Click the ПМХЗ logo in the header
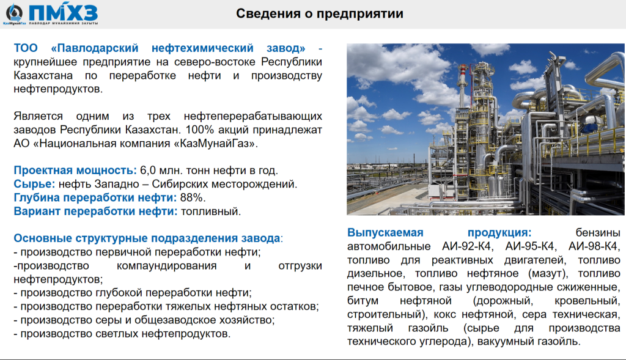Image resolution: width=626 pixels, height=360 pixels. pos(51,14)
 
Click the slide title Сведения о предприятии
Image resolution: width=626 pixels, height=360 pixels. pos(319,13)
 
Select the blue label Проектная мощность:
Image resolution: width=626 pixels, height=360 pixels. pos(75,171)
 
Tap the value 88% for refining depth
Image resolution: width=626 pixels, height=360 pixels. pos(193,197)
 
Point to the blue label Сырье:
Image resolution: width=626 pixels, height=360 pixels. pos(34,184)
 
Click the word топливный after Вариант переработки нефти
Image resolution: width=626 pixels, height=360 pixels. pos(211,211)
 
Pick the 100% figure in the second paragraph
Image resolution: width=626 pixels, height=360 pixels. pos(200,130)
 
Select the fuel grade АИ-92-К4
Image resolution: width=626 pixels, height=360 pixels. pos(468,246)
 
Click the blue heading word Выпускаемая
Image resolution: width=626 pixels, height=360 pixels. pos(385,233)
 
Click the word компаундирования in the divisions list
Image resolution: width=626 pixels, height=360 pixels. pos(166,266)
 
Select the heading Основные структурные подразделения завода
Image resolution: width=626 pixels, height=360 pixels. pos(147,238)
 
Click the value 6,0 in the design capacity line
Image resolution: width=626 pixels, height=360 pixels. pos(148,171)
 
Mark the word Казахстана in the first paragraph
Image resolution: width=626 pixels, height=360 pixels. pos(43,75)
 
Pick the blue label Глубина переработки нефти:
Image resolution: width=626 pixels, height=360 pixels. pos(95,197)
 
